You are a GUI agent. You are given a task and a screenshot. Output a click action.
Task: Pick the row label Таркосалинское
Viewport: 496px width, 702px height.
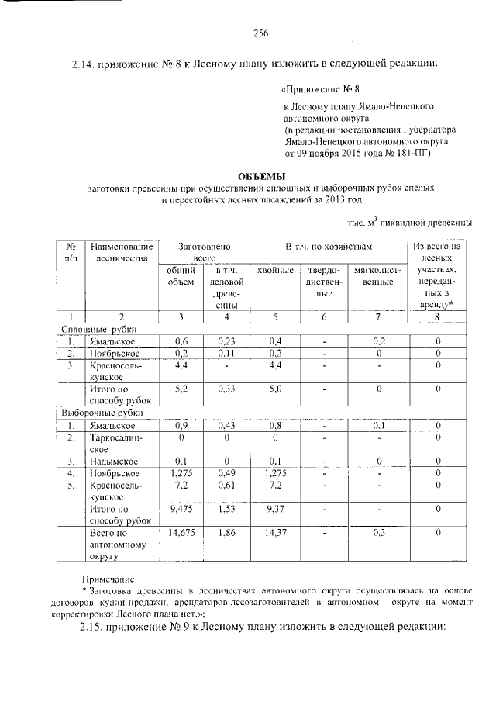[112, 443]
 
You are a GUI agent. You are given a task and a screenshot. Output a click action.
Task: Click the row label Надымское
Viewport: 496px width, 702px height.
[113, 462]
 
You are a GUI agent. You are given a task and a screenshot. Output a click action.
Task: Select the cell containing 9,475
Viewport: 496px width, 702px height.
[181, 508]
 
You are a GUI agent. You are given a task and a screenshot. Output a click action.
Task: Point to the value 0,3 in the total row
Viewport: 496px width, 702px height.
[379, 534]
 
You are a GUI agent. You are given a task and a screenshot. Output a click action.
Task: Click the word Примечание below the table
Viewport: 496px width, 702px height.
[109, 579]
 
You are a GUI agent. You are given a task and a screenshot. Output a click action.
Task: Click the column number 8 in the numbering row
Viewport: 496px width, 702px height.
[437, 316]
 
